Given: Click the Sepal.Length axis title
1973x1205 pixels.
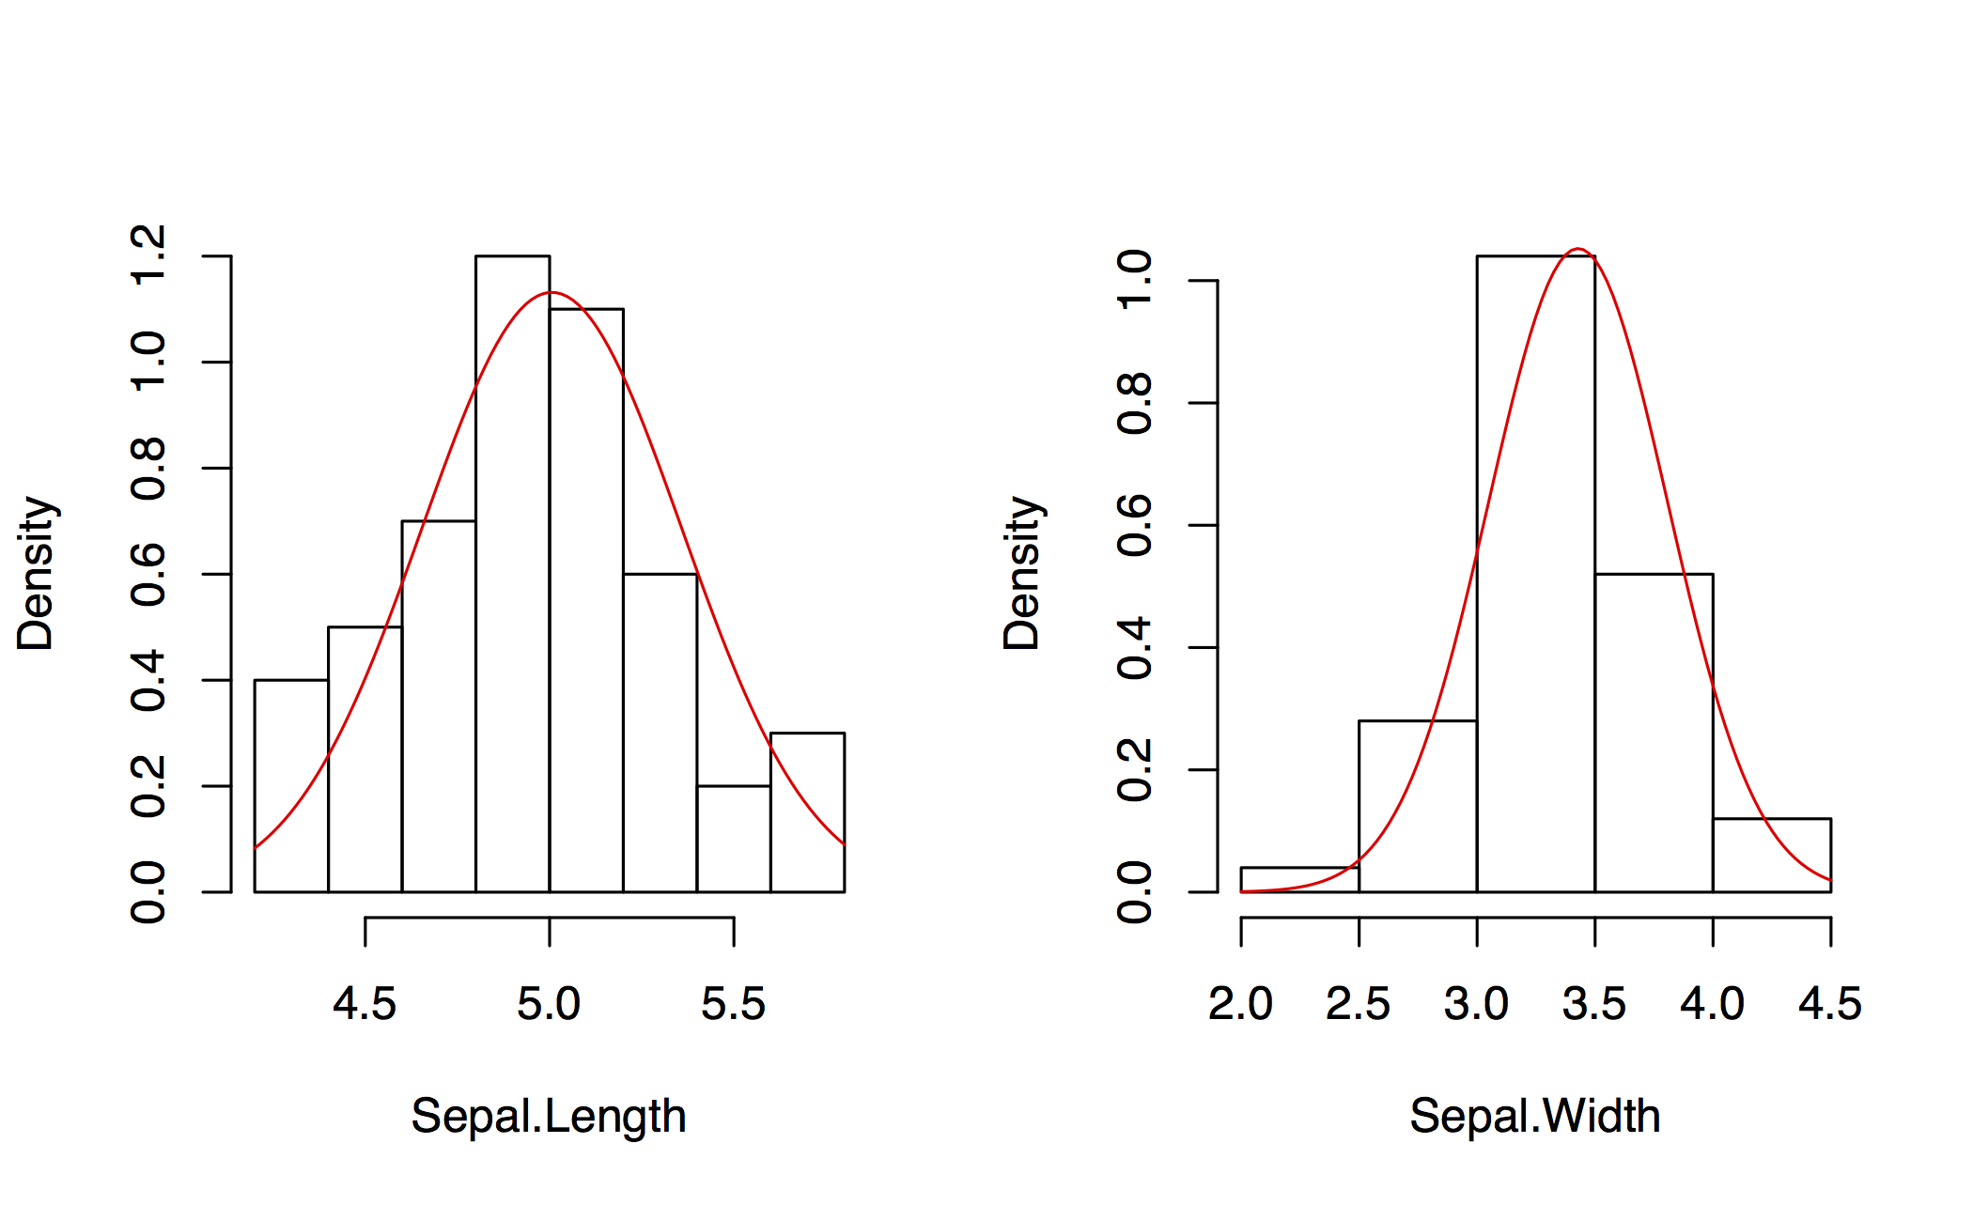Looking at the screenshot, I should coord(549,1117).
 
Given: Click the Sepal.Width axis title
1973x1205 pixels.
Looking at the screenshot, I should coord(1535,1117).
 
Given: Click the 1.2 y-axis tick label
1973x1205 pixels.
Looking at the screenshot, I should coord(149,255).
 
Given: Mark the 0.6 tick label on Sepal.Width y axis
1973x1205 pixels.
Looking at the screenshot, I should coord(1135,525).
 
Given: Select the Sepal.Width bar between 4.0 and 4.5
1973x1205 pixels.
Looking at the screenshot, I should coord(1771,855).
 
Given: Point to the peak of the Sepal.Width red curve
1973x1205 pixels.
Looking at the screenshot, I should coord(1578,250).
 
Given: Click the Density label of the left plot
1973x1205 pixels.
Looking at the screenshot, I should coord(37,573).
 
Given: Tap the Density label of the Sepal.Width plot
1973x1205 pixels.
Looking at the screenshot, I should coord(1022,573).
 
